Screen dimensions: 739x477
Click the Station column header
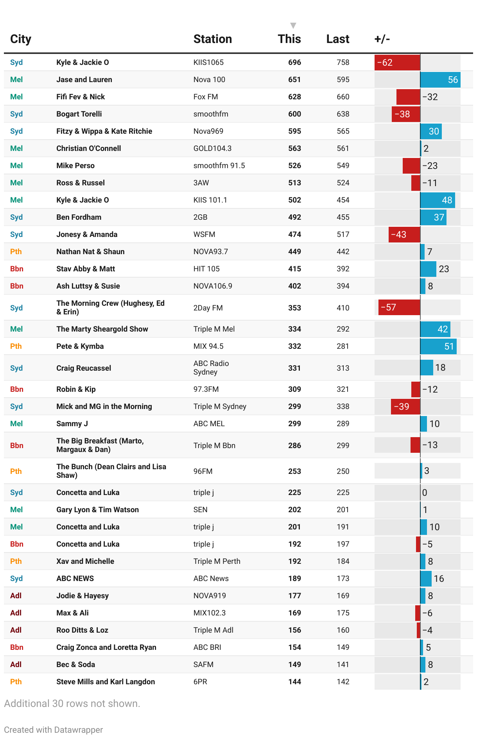click(x=212, y=39)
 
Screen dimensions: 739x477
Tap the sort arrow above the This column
click(x=293, y=26)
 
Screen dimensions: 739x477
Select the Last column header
click(x=338, y=39)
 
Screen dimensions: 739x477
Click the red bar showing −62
click(x=397, y=63)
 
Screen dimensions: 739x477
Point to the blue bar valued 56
click(x=440, y=80)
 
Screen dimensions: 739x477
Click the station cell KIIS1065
click(x=208, y=63)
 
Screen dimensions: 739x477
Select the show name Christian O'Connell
click(x=88, y=149)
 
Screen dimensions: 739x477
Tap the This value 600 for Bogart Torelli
click(x=294, y=114)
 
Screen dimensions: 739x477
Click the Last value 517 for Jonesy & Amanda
click(x=343, y=235)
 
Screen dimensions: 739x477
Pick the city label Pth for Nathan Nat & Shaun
click(x=16, y=252)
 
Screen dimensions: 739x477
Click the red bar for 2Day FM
click(x=399, y=308)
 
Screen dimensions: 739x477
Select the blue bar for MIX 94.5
click(x=438, y=346)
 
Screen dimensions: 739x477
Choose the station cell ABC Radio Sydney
click(x=211, y=368)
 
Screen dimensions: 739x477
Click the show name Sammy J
click(x=72, y=424)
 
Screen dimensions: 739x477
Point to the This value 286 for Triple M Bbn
click(x=294, y=446)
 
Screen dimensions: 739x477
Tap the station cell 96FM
click(x=203, y=472)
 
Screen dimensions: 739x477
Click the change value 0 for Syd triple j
click(x=425, y=493)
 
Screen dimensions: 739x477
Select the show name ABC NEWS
click(x=75, y=579)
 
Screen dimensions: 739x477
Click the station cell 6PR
click(x=200, y=682)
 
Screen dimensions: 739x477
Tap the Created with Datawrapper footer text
click(x=54, y=730)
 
